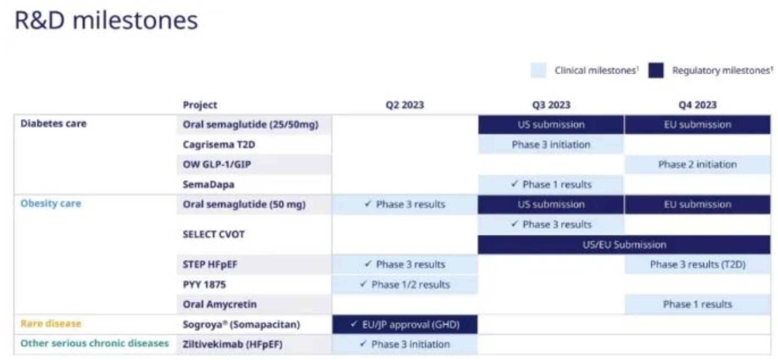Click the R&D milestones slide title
[106, 21]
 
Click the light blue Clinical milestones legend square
[538, 70]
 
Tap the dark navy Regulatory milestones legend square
[656, 70]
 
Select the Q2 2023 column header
[405, 105]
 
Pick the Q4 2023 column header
[698, 105]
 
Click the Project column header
[200, 105]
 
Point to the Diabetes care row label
[53, 124]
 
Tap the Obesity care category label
[51, 203]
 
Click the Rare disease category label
[51, 323]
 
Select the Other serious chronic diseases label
[94, 343]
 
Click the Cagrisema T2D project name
[219, 145]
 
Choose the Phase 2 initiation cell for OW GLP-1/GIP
[698, 165]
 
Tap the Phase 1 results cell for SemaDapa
[551, 184]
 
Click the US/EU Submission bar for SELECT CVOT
[624, 245]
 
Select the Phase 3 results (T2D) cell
[698, 264]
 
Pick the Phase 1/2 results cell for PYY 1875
[405, 285]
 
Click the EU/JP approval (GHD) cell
[405, 324]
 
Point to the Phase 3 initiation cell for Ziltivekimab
[405, 344]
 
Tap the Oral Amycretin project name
[220, 304]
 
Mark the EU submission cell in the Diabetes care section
[698, 124]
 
